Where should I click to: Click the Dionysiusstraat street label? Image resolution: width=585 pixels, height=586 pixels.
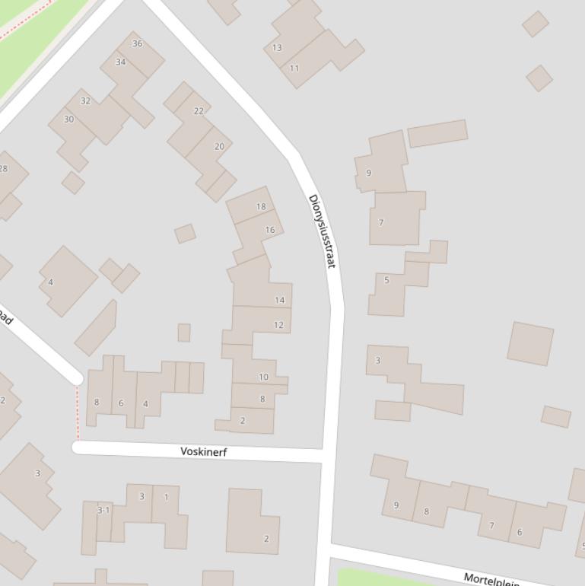coord(322,231)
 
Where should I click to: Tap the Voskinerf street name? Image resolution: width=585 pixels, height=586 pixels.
coord(204,451)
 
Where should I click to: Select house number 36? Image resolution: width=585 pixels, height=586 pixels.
coord(137,43)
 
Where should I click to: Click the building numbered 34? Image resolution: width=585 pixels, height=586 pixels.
coord(120,62)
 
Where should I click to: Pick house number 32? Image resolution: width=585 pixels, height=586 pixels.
coord(85,100)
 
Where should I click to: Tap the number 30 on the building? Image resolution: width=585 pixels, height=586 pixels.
coord(68,119)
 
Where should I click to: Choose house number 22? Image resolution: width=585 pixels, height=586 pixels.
coord(199,110)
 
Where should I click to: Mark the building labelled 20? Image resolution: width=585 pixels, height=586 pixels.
coord(219,147)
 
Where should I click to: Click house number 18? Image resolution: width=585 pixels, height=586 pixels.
coord(261,206)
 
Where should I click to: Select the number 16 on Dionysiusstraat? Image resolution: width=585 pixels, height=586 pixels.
coord(270,229)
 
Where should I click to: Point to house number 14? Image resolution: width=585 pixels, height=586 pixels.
coord(279,300)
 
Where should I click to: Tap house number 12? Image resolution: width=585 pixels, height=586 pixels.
coord(278,325)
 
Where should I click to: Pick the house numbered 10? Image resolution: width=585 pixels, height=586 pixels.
coord(263,377)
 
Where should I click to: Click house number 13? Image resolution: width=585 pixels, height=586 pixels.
coord(277,47)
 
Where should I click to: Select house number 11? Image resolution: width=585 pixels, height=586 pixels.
coord(294,68)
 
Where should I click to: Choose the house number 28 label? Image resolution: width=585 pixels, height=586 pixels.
coord(4,168)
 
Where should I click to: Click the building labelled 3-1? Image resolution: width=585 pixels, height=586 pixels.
coord(103,510)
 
